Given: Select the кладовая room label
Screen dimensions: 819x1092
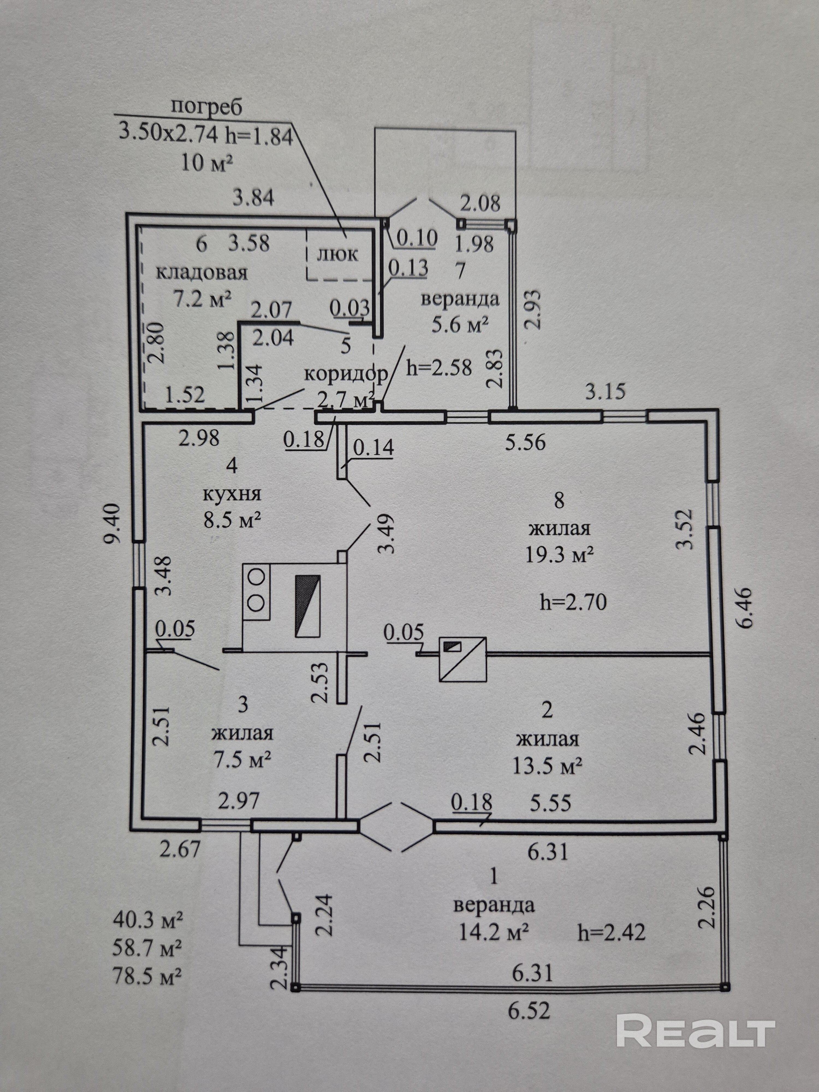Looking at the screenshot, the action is pyautogui.click(x=202, y=272).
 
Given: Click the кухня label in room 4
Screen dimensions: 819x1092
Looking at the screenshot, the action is pyautogui.click(x=232, y=494).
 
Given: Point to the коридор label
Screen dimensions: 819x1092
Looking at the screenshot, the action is pyautogui.click(x=346, y=375).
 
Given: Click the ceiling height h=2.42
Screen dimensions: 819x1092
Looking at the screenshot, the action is pyautogui.click(x=611, y=933).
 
